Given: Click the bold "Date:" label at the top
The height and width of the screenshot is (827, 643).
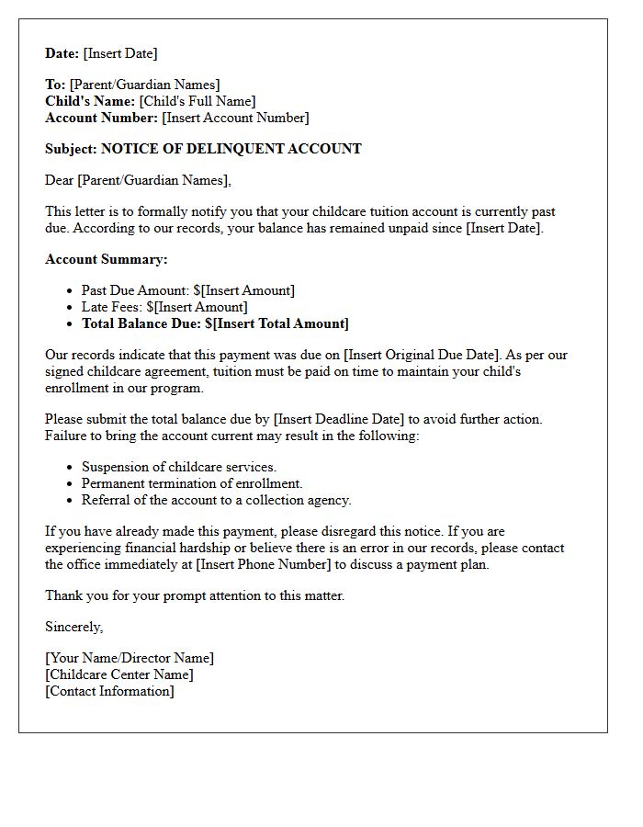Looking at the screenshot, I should [x=62, y=53].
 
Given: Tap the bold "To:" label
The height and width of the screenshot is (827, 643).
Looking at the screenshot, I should [x=55, y=85].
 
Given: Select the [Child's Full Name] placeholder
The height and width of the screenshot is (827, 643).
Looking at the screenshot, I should [x=197, y=101].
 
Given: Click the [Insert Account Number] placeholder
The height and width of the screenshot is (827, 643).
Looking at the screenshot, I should [x=235, y=118].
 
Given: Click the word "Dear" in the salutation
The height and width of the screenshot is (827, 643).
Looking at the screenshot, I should [x=60, y=180].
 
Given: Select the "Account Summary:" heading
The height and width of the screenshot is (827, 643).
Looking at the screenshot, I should [x=107, y=259].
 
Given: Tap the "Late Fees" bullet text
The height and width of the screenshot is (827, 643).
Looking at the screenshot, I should [x=110, y=307].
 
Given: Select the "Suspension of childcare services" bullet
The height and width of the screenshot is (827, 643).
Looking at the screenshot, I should [x=178, y=467].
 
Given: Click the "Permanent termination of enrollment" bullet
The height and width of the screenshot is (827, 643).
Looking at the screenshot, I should [x=192, y=483].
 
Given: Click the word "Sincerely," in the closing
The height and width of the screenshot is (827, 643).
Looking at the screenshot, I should [x=74, y=627].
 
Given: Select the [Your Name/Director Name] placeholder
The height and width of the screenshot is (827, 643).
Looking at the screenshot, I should [x=130, y=658].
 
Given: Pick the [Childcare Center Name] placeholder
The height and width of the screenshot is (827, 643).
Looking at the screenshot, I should [x=119, y=674].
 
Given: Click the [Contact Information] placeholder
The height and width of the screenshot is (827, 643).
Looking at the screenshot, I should [x=109, y=691].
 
